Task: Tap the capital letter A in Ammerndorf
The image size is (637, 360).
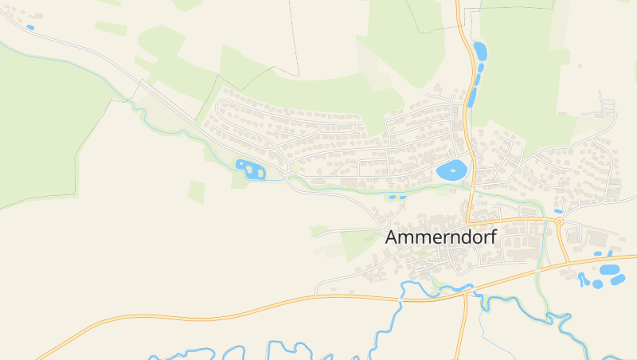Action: click(392, 237)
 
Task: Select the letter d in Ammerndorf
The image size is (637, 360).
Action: click(459, 237)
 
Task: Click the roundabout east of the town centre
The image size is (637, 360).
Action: click(559, 222)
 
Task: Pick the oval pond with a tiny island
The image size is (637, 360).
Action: click(451, 170)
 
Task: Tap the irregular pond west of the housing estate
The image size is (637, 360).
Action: click(250, 170)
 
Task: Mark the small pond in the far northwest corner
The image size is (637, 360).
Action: click(30, 28)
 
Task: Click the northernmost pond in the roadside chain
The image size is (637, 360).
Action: click(479, 53)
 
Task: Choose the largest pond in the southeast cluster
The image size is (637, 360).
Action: click(612, 269)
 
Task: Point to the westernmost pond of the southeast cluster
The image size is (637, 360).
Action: click(583, 279)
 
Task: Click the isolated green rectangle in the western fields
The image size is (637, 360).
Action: click(197, 192)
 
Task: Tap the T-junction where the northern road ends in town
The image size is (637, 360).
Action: click(468, 221)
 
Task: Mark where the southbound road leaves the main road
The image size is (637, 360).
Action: click(465, 292)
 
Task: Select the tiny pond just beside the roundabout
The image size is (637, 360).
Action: click(558, 211)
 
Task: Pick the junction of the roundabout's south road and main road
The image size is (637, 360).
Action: click(569, 264)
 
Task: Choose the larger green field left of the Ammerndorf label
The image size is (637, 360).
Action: click(358, 245)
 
